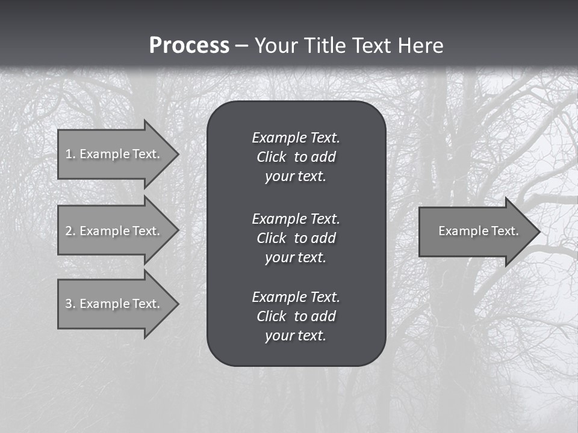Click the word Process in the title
click(x=189, y=46)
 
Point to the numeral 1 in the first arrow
click(x=68, y=154)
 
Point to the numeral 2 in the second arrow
click(x=69, y=231)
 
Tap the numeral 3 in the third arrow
click(x=69, y=304)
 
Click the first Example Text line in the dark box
click(x=296, y=138)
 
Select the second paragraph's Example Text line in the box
click(x=296, y=218)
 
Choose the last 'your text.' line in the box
click(x=296, y=336)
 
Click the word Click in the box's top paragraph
click(x=271, y=157)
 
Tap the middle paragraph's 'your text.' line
click(x=296, y=257)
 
